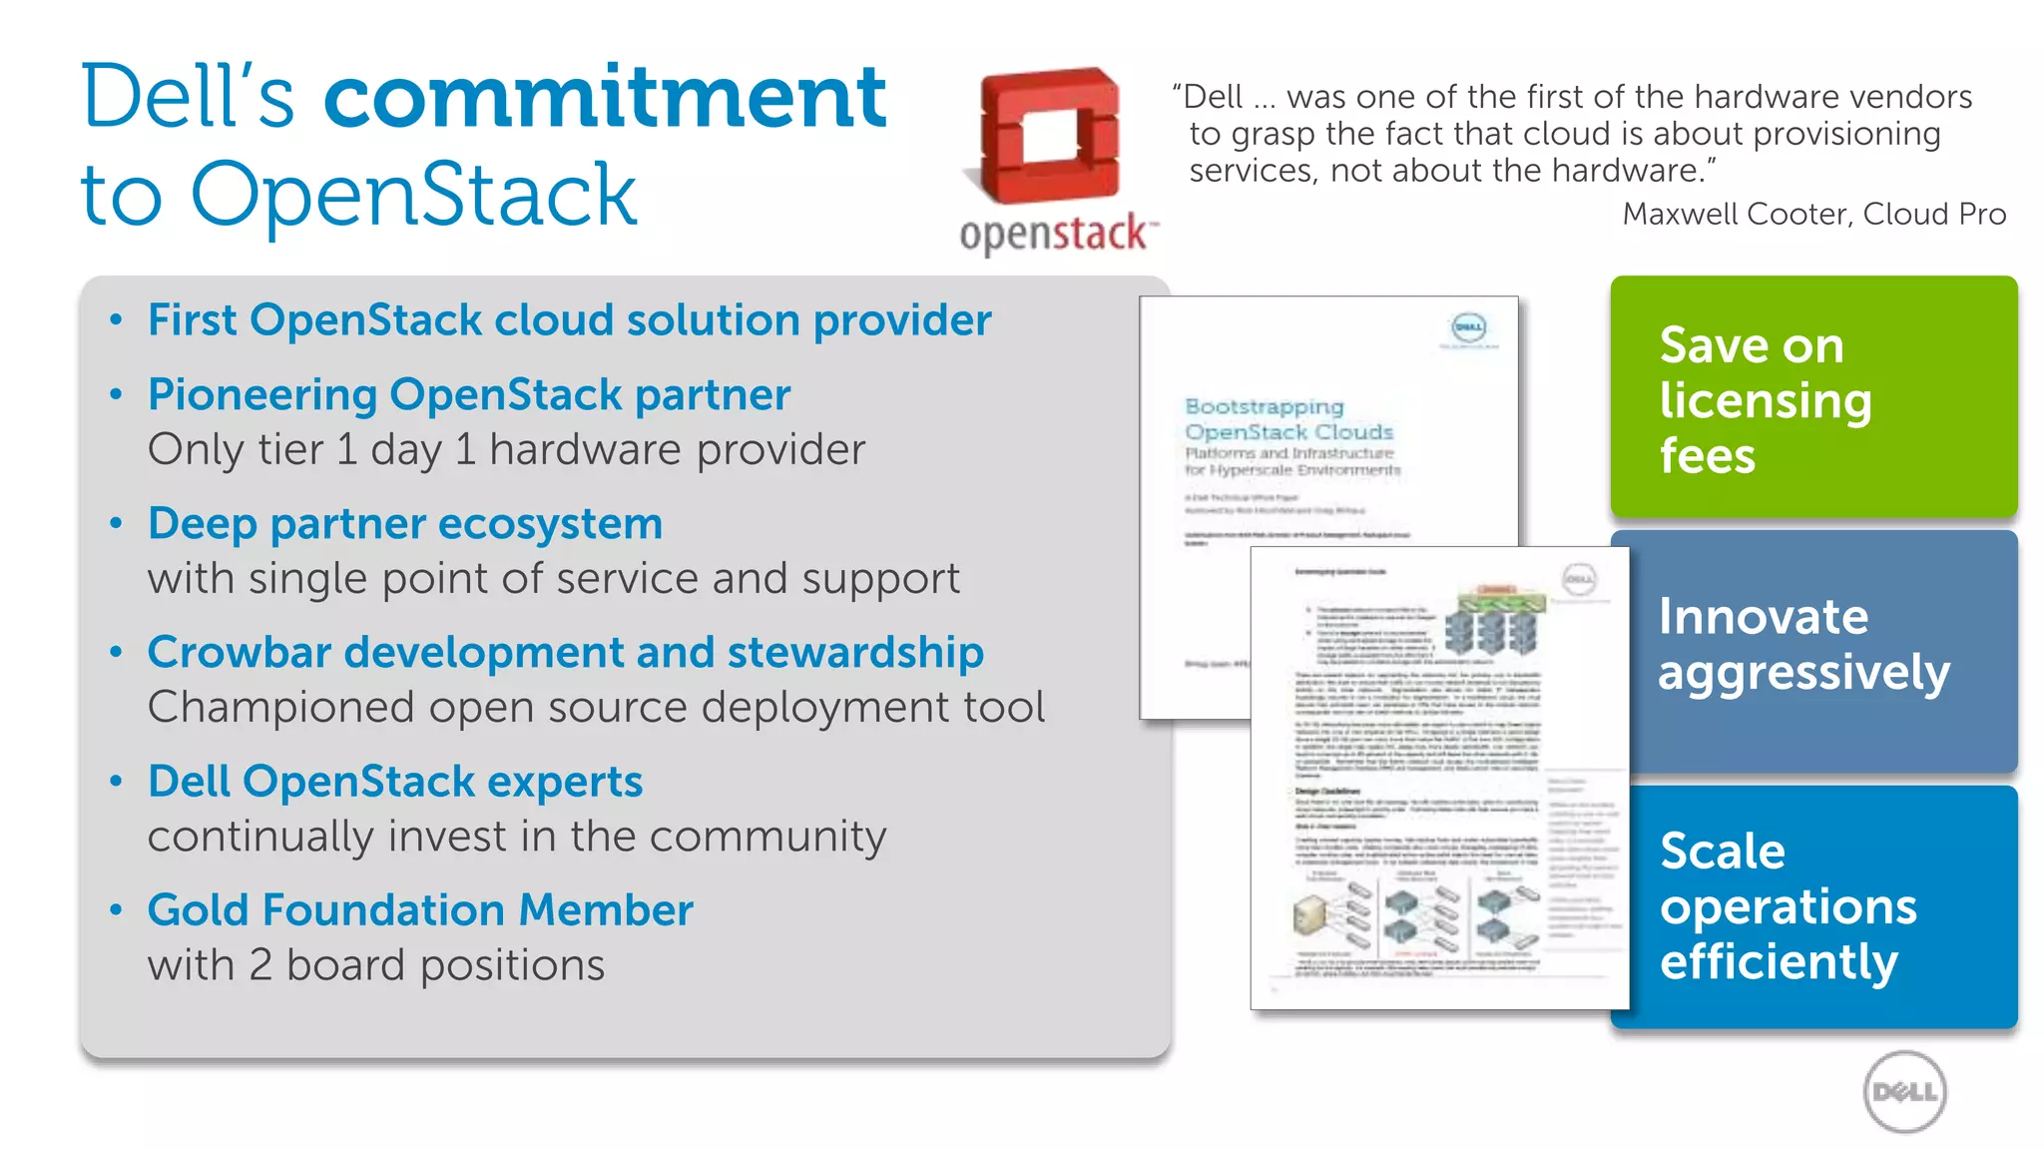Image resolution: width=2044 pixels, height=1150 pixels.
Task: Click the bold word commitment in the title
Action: coord(605,97)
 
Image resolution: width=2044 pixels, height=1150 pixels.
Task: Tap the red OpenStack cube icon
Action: coord(1049,135)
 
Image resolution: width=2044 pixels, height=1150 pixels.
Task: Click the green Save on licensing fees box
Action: coord(1812,397)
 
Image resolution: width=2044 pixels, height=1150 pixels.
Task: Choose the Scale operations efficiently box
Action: coord(1812,906)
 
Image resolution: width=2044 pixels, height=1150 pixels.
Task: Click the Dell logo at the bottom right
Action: coord(1904,1092)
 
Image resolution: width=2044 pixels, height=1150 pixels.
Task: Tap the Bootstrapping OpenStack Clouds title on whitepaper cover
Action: coord(1287,419)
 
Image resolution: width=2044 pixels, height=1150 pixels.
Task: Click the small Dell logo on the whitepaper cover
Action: coord(1468,327)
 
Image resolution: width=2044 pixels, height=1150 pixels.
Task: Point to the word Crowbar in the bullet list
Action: coord(239,653)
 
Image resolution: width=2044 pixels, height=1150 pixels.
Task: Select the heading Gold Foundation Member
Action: coord(420,910)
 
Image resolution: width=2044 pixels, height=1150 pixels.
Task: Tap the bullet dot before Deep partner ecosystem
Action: coord(117,523)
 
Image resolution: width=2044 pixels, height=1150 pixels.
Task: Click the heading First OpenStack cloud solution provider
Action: coord(569,320)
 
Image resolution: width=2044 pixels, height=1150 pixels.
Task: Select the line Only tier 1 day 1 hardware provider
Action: coord(506,450)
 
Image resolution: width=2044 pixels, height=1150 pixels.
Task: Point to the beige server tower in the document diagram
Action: coord(1308,913)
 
